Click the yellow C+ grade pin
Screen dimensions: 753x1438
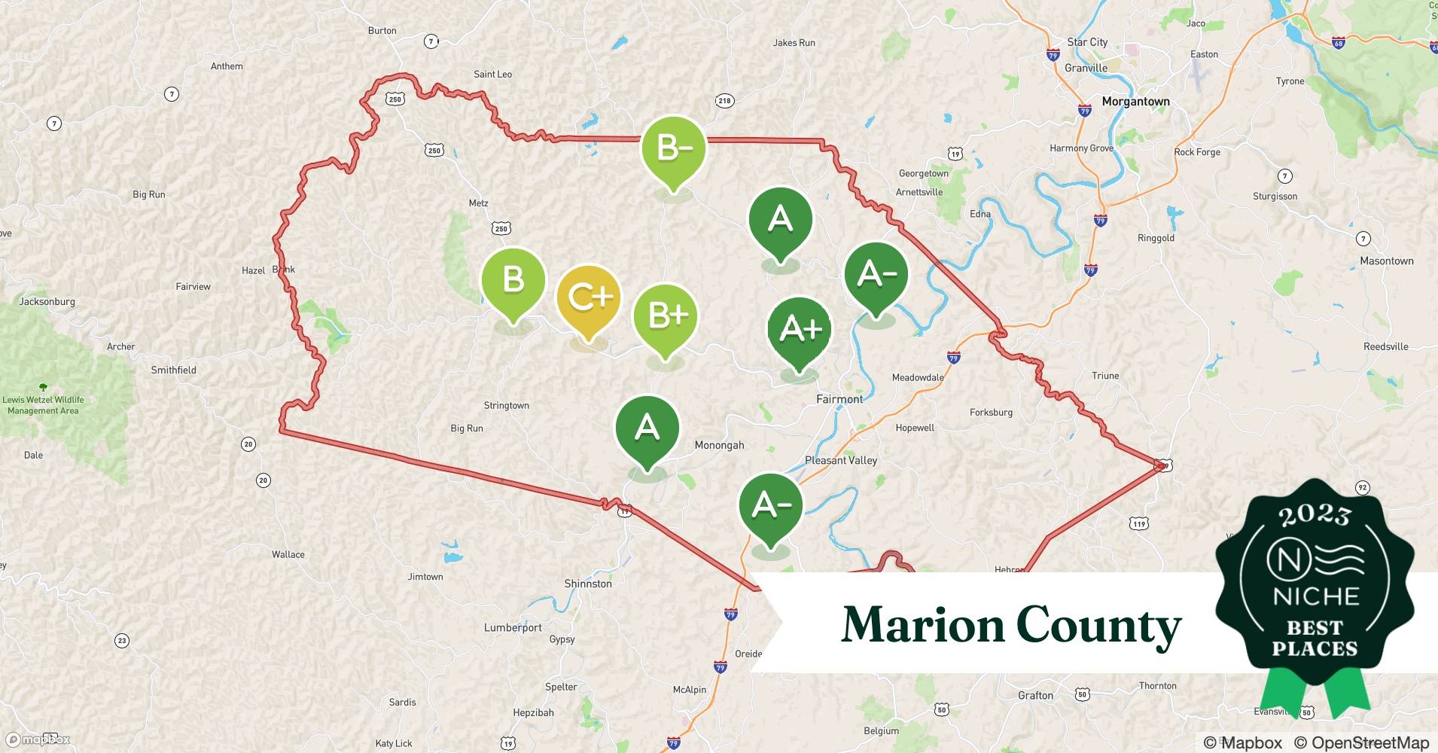click(589, 299)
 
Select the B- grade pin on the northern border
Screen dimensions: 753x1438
click(673, 149)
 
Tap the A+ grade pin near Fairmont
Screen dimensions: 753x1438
click(800, 330)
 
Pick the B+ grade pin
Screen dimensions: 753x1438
click(666, 316)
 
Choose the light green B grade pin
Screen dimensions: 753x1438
click(513, 281)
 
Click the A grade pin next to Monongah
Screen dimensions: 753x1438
click(647, 429)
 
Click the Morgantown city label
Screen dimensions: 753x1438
click(1135, 102)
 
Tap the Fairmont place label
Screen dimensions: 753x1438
click(839, 399)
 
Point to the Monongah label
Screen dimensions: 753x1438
click(719, 445)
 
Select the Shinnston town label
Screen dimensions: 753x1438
click(588, 584)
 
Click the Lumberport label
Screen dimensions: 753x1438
click(513, 627)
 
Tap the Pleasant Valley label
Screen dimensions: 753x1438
click(841, 460)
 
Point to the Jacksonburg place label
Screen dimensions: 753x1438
click(47, 301)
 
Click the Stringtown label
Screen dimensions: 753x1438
click(506, 405)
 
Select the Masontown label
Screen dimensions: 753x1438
click(1386, 261)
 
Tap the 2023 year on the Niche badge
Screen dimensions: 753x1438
click(1315, 515)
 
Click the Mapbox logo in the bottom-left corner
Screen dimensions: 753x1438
click(38, 739)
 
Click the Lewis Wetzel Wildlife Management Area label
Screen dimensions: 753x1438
click(43, 405)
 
